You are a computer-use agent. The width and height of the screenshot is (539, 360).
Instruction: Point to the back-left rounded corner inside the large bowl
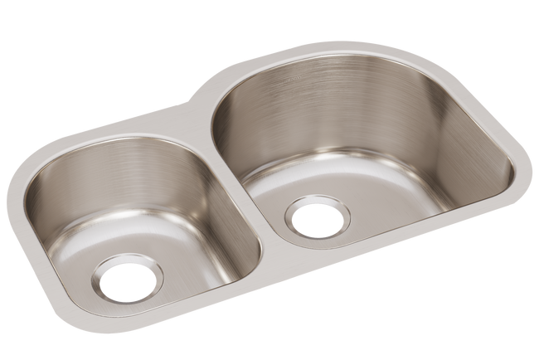tap(228, 108)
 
